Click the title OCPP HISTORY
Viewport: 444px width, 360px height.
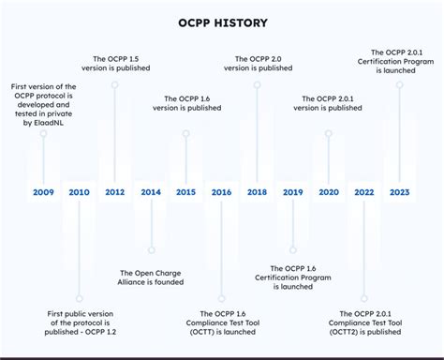222,22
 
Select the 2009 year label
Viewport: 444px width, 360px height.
43,192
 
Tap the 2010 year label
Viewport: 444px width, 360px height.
80,192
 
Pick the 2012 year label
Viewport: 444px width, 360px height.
114,192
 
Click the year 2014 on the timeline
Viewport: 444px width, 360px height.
151,192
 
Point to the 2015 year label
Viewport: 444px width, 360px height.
185,192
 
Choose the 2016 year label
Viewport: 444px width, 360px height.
221,192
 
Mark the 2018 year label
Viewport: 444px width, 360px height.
257,192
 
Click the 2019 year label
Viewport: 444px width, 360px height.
292,192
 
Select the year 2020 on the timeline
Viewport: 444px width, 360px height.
328,192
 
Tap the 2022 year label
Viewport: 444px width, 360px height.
363,192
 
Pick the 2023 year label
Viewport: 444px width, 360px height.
399,192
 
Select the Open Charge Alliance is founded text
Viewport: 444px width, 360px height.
151,277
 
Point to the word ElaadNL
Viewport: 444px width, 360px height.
43,122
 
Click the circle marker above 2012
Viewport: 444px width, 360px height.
114,85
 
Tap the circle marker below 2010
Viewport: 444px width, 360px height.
80,298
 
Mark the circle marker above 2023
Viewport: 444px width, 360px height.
399,85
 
